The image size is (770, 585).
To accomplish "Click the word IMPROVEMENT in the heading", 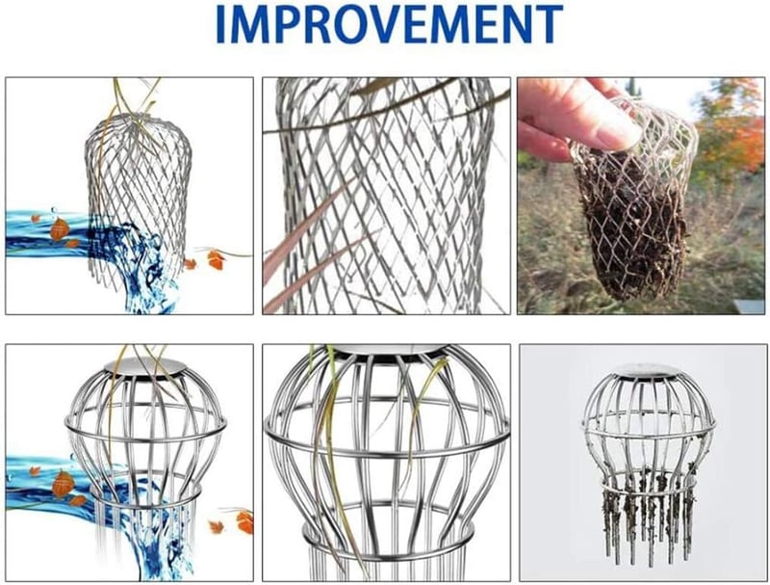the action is (389, 24).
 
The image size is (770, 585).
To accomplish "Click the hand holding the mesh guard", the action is (579, 116).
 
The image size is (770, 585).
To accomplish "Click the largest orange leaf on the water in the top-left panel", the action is (60, 229).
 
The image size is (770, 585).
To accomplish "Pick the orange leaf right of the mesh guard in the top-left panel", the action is (215, 259).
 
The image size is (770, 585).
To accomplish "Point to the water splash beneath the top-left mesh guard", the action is (147, 276).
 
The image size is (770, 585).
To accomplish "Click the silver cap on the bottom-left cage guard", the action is (146, 366).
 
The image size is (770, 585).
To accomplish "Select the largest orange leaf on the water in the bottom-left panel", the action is (64, 484).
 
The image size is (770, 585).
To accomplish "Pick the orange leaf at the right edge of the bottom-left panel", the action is (244, 522).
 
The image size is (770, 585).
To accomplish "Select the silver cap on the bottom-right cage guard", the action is (643, 370).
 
